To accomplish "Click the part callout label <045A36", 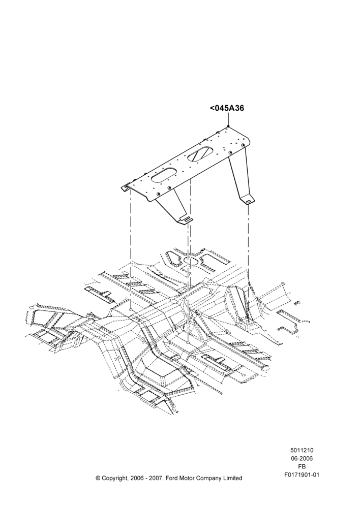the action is tap(227, 108).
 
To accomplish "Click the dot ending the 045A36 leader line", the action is tap(228, 126).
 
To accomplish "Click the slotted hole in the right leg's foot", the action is tap(248, 202).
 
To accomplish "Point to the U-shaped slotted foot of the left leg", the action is tap(186, 219).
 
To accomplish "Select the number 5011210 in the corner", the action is tap(302, 450).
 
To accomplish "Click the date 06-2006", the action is tap(302, 458).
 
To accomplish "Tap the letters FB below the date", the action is tap(302, 466).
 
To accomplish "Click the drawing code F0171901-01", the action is tap(302, 474).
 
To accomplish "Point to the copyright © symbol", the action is tap(98, 478).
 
